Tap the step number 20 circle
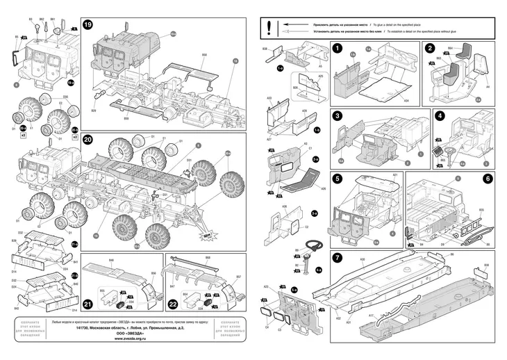tap(88, 138)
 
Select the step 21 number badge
tap(88, 304)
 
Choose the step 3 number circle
tap(337, 115)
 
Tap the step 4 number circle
tap(439, 115)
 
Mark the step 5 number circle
tap(337, 179)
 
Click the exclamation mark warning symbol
tap(269, 27)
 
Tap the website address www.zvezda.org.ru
tap(131, 339)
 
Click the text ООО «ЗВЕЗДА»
tap(131, 334)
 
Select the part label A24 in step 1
tap(406, 101)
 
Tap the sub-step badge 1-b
tap(317, 130)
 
